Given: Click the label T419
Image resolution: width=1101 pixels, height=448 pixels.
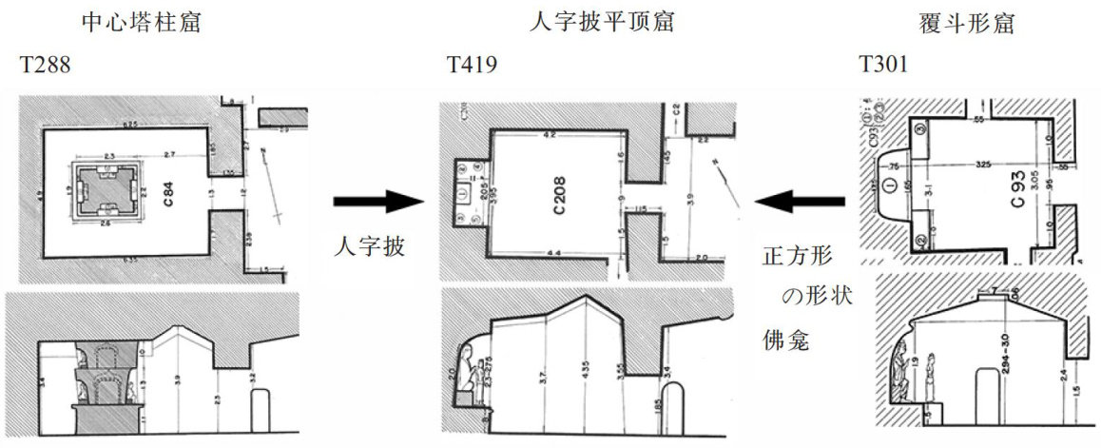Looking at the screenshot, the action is (x=472, y=66).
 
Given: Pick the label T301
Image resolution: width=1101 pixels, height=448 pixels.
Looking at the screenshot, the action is (x=883, y=66).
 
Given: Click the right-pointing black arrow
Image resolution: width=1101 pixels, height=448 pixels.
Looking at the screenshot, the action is (x=376, y=202).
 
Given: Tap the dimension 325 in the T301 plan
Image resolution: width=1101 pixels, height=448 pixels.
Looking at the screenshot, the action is (x=983, y=164).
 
